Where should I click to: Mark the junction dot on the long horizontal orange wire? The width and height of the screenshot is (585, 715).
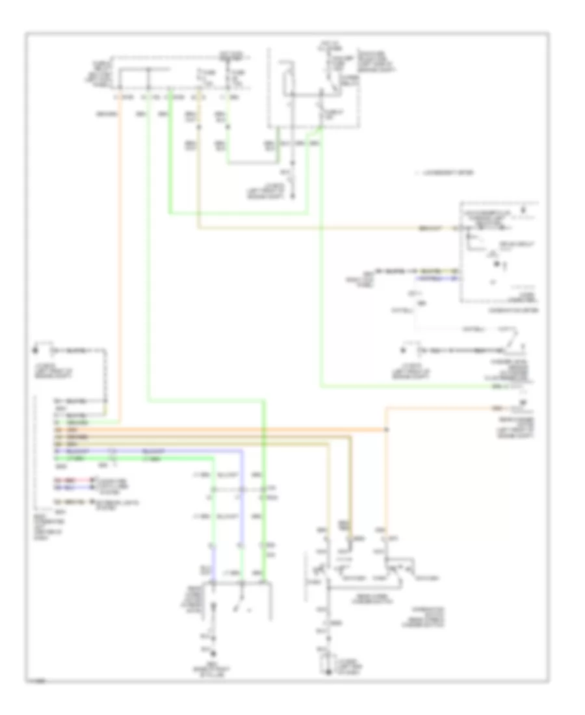[387, 430]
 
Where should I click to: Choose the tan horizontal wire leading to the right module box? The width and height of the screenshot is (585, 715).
[312, 229]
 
